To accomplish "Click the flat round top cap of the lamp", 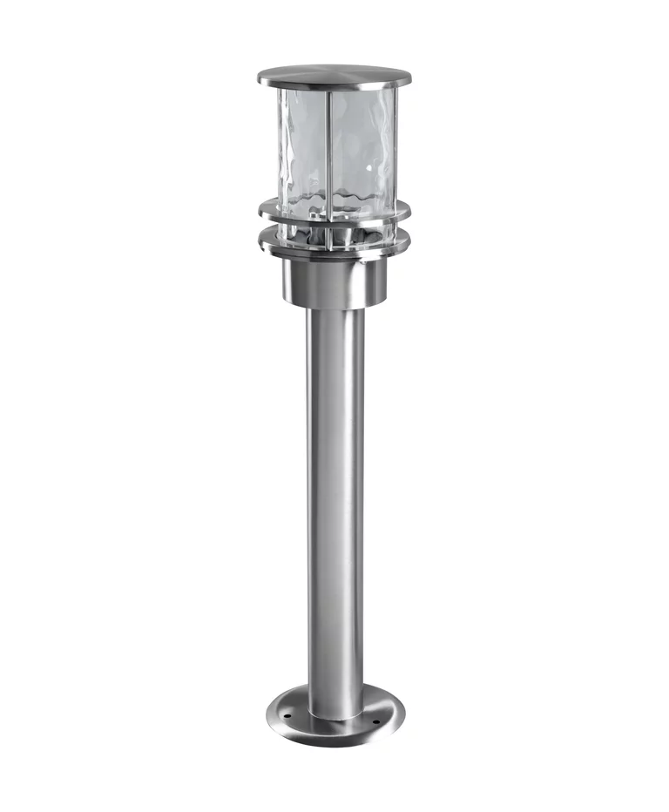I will tap(334, 74).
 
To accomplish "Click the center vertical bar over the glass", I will tap(328, 144).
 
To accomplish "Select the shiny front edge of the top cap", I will tap(334, 85).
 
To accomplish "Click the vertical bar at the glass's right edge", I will tap(393, 144).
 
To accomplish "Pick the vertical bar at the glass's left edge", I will tap(280, 144).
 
